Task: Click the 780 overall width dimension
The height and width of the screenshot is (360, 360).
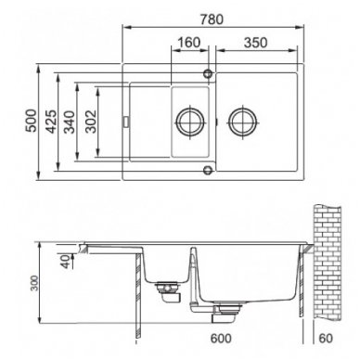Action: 212,19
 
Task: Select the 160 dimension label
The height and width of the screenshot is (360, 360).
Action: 189,43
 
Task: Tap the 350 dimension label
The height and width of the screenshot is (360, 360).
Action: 255,43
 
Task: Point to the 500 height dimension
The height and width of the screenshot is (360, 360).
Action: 32,121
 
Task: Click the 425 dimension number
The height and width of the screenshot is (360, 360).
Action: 51,122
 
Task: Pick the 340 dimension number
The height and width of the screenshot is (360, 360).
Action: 70,122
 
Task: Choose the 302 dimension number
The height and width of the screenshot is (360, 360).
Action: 91,122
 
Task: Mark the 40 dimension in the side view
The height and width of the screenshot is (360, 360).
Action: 66,262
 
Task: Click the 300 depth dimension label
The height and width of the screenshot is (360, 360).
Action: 35,283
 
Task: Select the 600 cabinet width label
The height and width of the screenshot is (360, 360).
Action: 221,339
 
